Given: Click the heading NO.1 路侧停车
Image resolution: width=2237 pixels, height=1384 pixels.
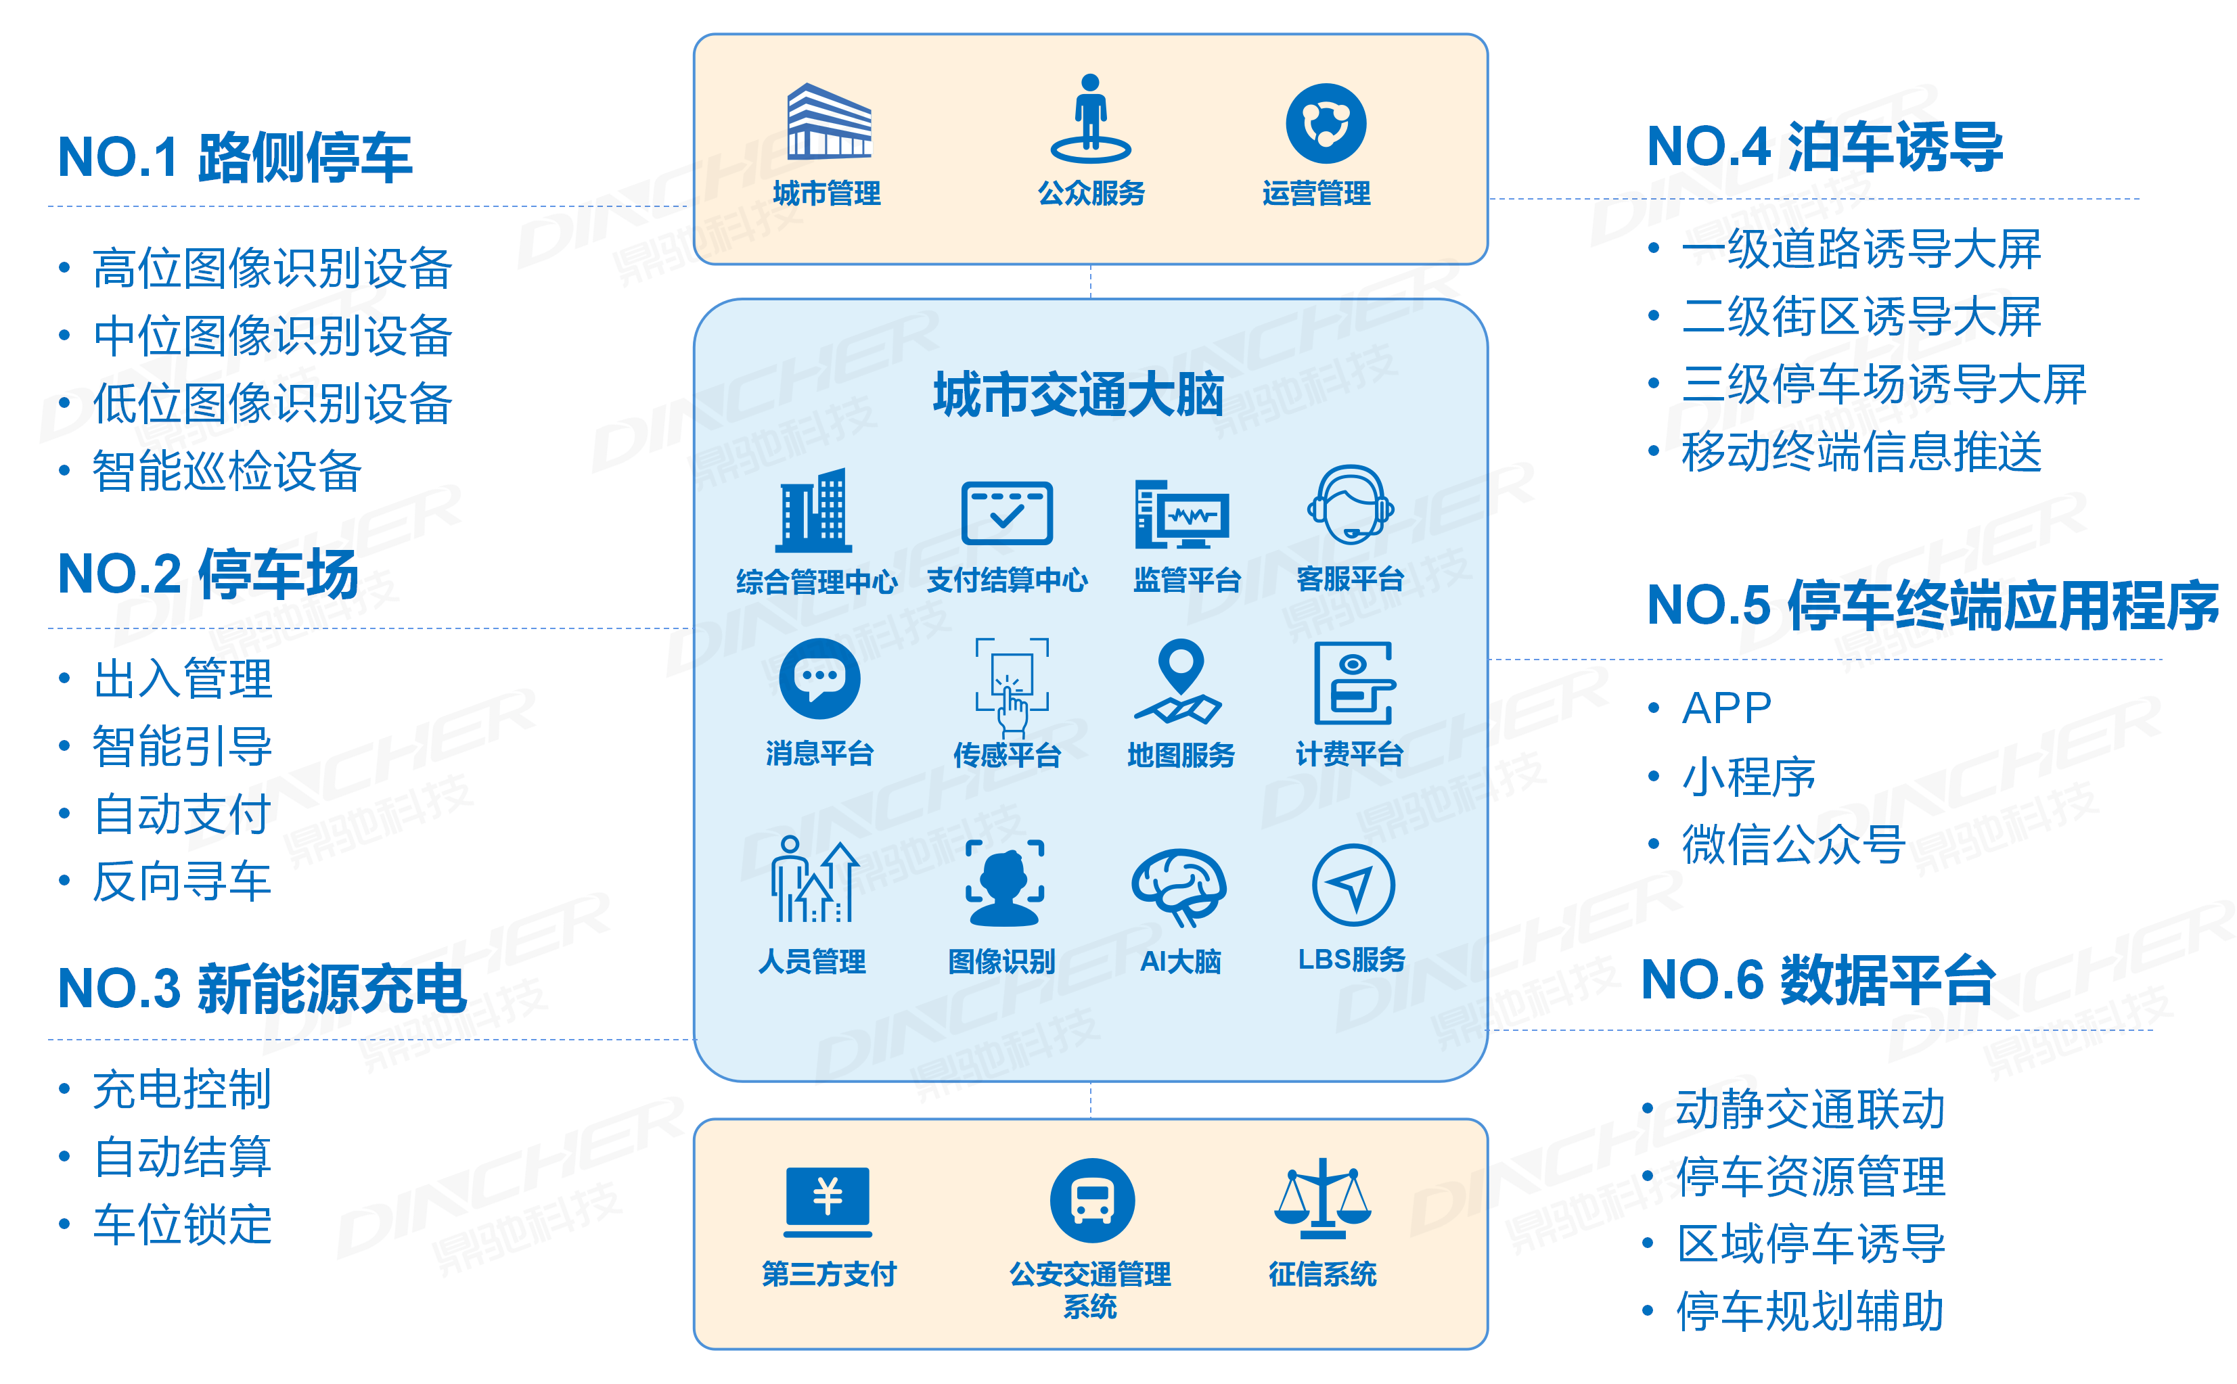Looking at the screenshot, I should click(234, 158).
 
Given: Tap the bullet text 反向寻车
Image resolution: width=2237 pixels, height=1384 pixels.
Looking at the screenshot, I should click(182, 881).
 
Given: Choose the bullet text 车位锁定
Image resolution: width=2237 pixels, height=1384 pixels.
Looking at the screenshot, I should click(182, 1225).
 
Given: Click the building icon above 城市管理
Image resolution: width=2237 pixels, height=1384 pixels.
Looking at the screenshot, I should click(829, 121).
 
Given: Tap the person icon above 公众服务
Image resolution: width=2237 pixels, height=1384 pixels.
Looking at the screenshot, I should click(1089, 117).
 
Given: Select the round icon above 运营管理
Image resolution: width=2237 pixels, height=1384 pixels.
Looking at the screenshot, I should click(1325, 124).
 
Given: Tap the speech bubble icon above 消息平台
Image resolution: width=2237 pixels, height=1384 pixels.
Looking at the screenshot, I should click(819, 679).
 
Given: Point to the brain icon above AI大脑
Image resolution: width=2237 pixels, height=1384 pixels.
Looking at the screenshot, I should click(1179, 886).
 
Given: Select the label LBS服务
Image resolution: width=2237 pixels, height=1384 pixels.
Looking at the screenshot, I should click(1351, 959).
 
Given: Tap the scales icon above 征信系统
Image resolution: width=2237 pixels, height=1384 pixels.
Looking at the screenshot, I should click(1321, 1197).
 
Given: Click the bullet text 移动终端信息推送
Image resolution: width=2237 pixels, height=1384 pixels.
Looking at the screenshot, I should click(1861, 452).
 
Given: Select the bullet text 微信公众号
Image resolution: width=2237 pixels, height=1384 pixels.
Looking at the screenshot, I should click(1793, 844).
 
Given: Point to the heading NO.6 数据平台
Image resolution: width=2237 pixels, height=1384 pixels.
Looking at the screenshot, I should click(1817, 980).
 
